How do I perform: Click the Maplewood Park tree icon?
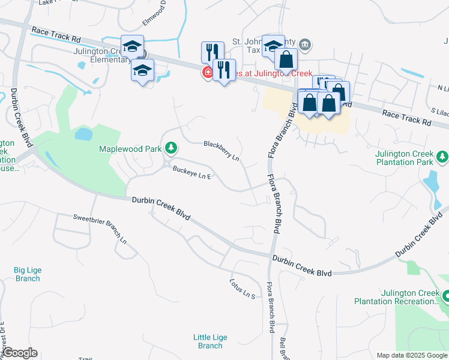[171, 147]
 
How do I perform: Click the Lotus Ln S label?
[243, 289]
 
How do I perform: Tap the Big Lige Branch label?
[28, 274]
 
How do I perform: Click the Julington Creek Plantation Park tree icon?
[442, 157]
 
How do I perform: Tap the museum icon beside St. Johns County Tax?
[305, 44]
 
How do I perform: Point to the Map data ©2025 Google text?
[412, 355]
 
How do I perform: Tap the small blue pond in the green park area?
[83, 134]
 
